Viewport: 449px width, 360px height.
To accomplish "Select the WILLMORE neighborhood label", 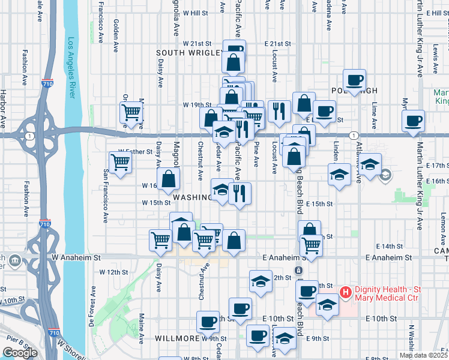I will click(176, 338).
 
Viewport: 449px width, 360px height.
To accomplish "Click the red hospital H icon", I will click(345, 293).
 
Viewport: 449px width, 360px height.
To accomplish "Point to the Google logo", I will click(19, 353).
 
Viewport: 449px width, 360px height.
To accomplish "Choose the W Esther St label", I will click(136, 152).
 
